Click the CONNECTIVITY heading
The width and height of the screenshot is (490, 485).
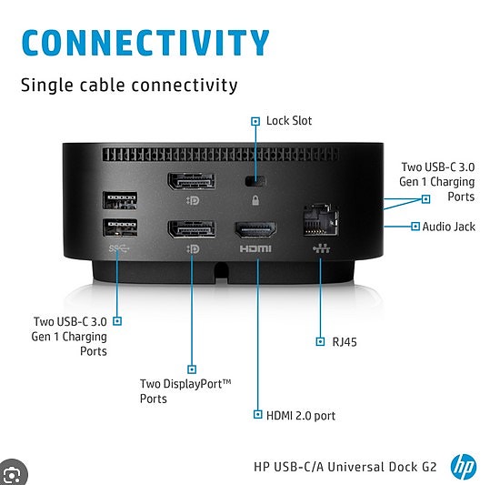tap(145, 43)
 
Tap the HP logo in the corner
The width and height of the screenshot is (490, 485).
tap(464, 467)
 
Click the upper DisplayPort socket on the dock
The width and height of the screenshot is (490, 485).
tap(192, 181)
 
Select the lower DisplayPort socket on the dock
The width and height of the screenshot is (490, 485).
tap(192, 229)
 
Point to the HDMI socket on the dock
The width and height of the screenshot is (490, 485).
tap(255, 230)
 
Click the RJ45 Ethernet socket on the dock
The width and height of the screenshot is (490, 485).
tap(321, 220)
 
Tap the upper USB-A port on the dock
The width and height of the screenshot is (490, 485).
tap(120, 200)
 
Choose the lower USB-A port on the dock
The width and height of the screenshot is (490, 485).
tap(120, 227)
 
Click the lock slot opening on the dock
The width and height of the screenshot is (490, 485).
tap(255, 181)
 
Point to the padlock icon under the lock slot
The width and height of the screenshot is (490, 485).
tap(255, 200)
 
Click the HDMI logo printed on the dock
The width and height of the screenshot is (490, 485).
tap(255, 249)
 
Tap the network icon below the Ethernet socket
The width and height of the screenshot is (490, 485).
tap(321, 248)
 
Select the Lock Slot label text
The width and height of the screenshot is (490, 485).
tap(289, 121)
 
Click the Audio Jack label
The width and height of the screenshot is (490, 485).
tap(449, 227)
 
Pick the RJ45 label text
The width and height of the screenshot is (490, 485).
tap(345, 342)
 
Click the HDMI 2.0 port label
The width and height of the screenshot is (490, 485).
tap(301, 416)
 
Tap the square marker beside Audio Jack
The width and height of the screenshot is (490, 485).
tap(415, 227)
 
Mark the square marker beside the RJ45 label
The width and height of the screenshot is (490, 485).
tap(320, 341)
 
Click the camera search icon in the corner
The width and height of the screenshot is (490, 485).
tap(13, 474)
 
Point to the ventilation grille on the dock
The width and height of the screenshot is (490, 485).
tap(220, 155)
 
